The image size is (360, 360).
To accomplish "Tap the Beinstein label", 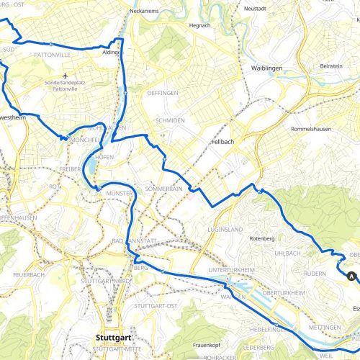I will [330, 66].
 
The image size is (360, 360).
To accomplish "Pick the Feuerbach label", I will [17, 276].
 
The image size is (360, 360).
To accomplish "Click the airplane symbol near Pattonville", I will [66, 76].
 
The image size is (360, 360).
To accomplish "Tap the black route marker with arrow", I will [351, 275].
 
